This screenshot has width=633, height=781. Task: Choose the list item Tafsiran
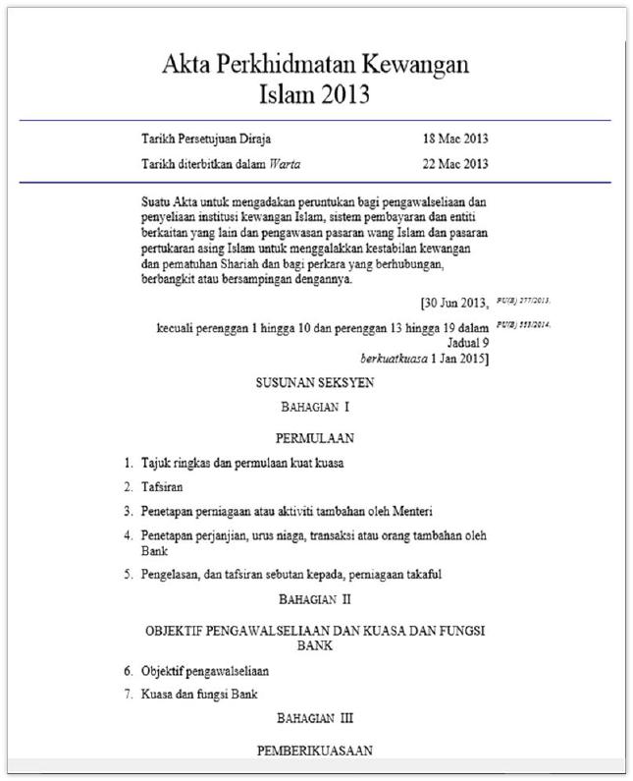[163, 486]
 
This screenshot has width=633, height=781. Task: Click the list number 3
[128, 511]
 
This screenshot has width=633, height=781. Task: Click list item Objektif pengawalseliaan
[205, 672]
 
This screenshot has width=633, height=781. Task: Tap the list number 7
[128, 696]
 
